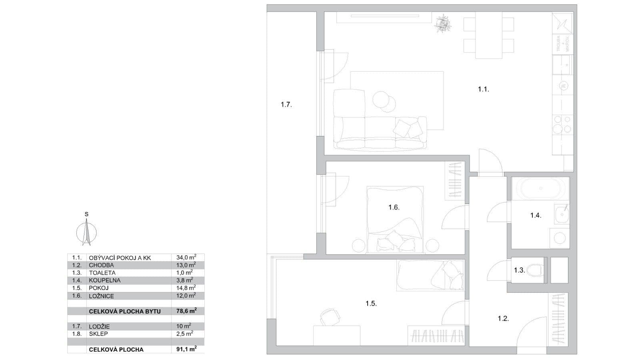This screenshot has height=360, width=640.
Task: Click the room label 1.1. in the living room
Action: (483, 89)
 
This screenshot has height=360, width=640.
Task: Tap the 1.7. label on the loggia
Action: (286, 105)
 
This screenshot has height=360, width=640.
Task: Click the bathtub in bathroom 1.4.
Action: (540, 188)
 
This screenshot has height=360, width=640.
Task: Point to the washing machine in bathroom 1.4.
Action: (559, 238)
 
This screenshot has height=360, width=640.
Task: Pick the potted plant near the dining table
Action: (443, 24)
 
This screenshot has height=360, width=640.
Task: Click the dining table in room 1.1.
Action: (488, 35)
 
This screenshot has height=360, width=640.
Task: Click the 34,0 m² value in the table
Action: (186, 258)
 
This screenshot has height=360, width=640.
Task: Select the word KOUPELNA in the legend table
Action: (104, 280)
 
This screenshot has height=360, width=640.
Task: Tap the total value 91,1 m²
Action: (186, 349)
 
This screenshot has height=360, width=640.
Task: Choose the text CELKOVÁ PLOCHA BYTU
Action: (125, 311)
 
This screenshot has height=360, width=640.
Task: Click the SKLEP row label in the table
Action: (98, 334)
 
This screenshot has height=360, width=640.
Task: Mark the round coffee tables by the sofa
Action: (384, 101)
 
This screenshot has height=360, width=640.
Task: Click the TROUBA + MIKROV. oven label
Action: (562, 43)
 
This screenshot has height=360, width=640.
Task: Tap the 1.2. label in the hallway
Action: (503, 319)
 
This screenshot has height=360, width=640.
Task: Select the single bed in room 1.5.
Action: (430, 275)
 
